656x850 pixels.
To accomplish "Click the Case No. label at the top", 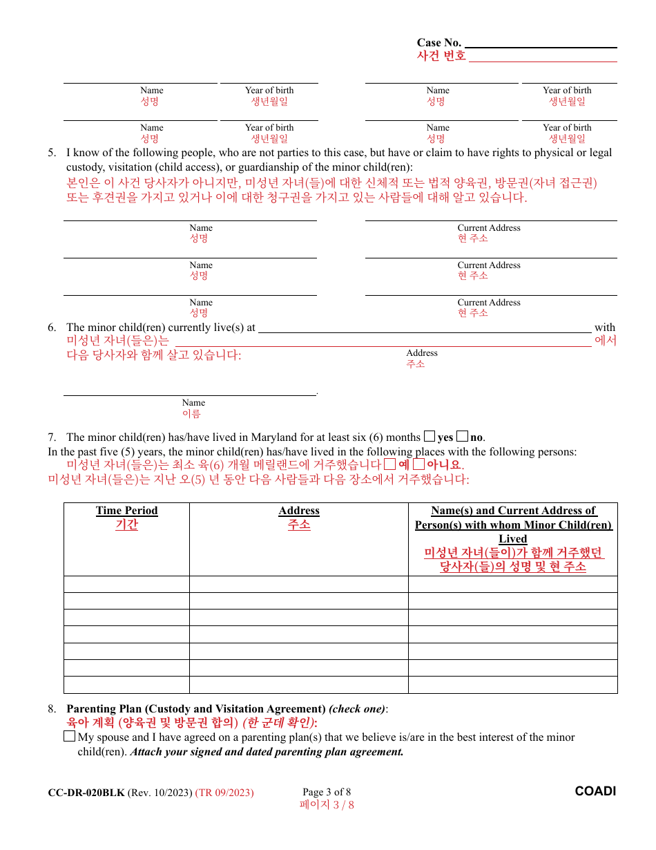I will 438,43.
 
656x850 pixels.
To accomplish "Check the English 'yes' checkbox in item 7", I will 430,436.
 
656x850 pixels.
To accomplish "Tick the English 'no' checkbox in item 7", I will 463,436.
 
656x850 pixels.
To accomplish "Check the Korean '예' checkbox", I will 390,464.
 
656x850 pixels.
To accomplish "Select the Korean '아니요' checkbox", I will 418,464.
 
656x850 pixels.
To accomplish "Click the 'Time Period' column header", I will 126,511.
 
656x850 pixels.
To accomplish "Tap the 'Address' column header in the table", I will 299,511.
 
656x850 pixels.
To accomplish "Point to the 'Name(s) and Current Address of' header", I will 513,511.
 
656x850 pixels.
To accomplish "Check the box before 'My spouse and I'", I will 69,737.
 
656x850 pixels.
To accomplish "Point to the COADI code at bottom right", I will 595,791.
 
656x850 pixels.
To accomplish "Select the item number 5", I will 52,153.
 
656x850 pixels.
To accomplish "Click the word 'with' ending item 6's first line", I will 604,328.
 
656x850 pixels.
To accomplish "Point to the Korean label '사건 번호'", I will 441,56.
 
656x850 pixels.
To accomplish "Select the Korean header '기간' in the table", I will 126,525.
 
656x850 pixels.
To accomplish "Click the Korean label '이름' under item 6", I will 191,414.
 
